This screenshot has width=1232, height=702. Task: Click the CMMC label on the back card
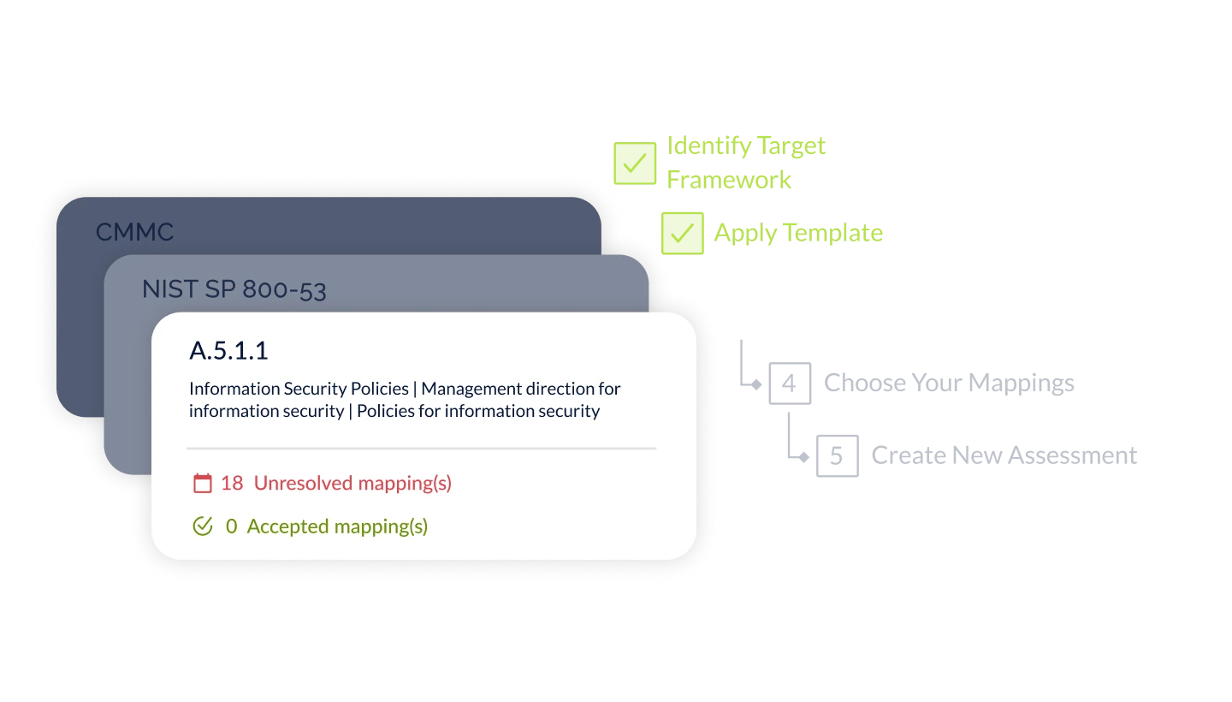coord(134,232)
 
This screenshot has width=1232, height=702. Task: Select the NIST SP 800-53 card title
coord(234,289)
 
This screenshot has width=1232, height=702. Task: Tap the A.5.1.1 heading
coord(228,351)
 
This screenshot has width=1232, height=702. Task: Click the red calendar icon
coord(202,484)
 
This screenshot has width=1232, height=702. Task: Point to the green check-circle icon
coord(203,526)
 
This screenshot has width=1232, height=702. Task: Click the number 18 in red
coord(232,484)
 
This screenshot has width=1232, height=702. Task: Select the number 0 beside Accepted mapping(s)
coord(231,526)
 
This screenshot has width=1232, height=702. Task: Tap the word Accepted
coord(282,526)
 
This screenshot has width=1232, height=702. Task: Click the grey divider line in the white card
coord(421,448)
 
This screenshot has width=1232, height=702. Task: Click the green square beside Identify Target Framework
coord(634,163)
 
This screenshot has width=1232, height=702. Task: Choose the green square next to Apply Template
coord(682,234)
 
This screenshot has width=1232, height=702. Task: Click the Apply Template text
coord(797,234)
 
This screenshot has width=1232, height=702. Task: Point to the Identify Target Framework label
coord(745,163)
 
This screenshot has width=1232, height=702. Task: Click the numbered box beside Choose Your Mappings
coord(790,384)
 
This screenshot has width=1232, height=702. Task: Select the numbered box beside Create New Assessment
coord(838,455)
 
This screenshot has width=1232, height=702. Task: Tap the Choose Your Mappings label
coord(948,384)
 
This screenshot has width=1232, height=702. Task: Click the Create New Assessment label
coord(1005,455)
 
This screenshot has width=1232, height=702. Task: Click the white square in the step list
coord(742,305)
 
